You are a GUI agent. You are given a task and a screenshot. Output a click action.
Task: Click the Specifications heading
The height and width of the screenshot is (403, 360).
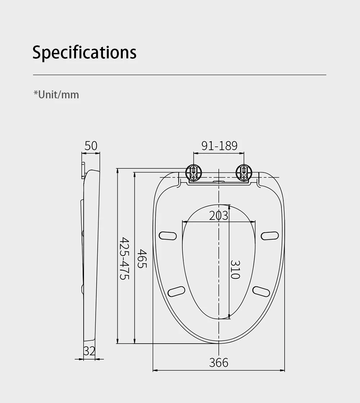(x=85, y=52)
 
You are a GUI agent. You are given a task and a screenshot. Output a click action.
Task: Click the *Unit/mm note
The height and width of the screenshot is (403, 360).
(x=56, y=95)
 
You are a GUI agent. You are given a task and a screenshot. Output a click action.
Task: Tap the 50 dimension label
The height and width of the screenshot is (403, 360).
(x=91, y=146)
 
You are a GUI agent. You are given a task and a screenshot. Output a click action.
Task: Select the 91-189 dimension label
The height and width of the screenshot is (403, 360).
(x=219, y=146)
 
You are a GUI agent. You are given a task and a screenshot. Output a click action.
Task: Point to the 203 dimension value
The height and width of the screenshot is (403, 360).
(x=219, y=215)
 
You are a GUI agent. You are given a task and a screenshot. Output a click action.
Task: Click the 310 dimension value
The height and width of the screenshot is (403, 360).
(x=235, y=269)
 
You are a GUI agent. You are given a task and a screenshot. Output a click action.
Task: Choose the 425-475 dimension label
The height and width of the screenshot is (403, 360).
(x=124, y=259)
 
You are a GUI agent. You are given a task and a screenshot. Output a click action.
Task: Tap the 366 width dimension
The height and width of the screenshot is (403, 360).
(x=219, y=362)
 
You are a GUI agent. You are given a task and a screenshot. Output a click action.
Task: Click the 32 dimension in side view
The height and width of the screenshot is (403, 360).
(x=89, y=351)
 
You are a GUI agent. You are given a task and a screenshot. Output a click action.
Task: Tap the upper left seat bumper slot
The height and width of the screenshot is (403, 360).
(x=168, y=236)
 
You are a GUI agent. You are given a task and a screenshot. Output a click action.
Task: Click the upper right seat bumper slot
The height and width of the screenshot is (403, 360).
(x=270, y=236)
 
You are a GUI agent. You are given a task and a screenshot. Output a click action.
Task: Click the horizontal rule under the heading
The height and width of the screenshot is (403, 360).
(x=180, y=75)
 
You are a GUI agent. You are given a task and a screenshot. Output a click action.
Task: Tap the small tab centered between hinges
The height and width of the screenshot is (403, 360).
(x=219, y=181)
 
